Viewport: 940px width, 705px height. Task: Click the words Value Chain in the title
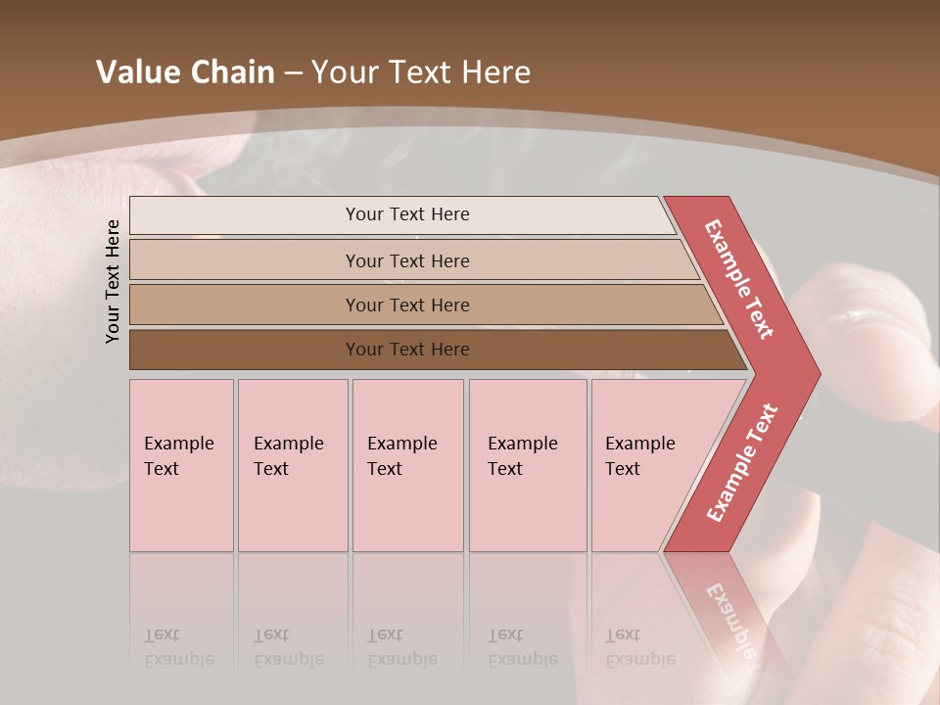pos(185,72)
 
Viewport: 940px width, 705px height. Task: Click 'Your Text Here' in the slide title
pos(421,72)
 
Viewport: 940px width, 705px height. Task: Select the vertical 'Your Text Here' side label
pos(113,281)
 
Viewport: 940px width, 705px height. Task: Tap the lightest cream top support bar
pos(245,215)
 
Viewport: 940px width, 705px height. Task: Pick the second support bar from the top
pos(245,260)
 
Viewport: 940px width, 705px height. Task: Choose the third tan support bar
pos(245,305)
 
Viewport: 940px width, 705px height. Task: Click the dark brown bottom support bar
pos(245,350)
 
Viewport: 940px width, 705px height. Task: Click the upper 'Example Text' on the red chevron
pos(739,279)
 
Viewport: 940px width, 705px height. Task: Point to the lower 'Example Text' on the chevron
pos(742,462)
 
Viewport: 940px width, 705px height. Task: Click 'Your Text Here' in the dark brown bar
pos(407,350)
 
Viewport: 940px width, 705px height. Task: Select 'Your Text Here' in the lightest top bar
pos(407,214)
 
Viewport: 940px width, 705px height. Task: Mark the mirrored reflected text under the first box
pos(178,647)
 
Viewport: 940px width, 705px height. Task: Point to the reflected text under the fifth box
pos(639,647)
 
